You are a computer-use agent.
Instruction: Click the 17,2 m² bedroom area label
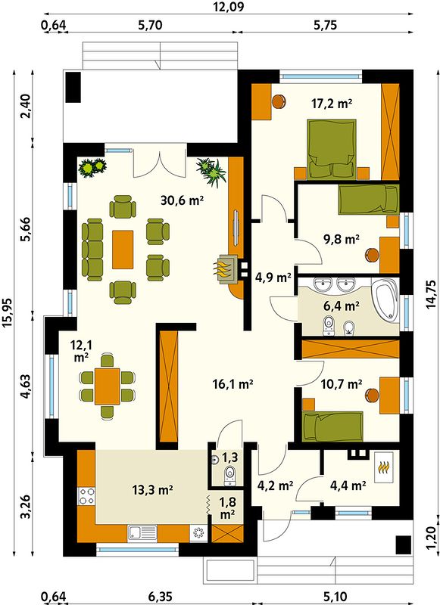(331, 104)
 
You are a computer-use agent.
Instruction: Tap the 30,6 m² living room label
(182, 200)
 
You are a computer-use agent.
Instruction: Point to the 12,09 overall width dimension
(229, 7)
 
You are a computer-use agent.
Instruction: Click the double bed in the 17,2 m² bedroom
(332, 150)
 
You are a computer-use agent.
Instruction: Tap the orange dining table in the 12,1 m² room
(107, 386)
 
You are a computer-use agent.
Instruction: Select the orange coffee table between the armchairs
(123, 250)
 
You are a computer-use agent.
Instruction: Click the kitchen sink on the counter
(142, 533)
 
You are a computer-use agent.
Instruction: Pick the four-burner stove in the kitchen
(86, 496)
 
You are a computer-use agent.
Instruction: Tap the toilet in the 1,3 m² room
(230, 476)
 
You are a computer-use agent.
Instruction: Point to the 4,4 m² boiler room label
(348, 486)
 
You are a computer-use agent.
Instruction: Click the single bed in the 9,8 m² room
(368, 200)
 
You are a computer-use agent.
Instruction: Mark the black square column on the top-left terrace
(73, 87)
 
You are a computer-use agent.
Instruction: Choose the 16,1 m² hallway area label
(233, 384)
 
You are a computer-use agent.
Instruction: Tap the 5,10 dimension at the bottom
(335, 597)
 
